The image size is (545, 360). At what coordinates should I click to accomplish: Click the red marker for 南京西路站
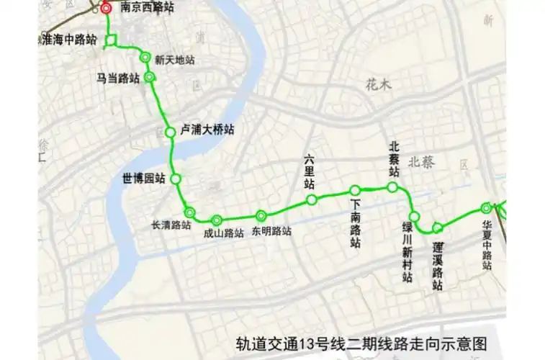tap(107, 9)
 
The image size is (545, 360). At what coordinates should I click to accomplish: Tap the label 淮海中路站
tap(68, 40)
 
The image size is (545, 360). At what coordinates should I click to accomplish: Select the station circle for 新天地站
tap(145, 58)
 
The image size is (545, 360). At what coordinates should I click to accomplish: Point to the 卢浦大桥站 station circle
tap(170, 132)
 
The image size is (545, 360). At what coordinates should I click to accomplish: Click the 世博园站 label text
tap(145, 178)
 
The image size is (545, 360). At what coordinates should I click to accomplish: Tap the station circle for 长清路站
tap(189, 212)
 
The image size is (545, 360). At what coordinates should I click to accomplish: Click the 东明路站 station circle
tap(261, 215)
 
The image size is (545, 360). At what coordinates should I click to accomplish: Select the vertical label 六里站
tap(310, 172)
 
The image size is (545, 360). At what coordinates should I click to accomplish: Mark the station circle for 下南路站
tap(355, 190)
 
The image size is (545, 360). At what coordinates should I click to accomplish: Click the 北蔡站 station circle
tap(392, 187)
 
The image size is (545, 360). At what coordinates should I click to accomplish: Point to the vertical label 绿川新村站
tap(407, 253)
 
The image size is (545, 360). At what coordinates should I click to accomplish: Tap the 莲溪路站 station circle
tap(437, 229)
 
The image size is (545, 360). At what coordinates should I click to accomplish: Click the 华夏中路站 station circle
tap(487, 209)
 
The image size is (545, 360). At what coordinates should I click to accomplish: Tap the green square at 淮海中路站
tap(110, 41)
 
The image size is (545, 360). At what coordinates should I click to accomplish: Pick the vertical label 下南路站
tap(356, 224)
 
